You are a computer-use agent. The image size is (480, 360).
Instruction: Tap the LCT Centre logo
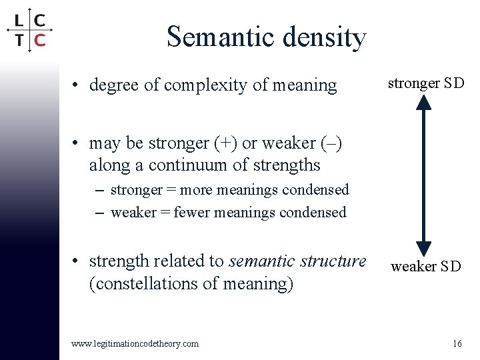[x=29, y=30]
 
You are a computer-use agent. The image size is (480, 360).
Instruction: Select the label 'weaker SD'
[x=425, y=267]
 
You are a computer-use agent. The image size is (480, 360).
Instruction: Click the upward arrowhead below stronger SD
[x=424, y=102]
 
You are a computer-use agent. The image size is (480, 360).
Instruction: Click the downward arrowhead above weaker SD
[x=424, y=247]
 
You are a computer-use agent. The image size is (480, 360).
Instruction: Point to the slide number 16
[x=457, y=343]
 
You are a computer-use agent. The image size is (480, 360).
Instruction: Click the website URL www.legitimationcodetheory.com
[x=135, y=343]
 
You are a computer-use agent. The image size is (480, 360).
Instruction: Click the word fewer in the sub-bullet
[x=190, y=213]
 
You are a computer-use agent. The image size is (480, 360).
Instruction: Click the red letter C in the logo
[x=39, y=40]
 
